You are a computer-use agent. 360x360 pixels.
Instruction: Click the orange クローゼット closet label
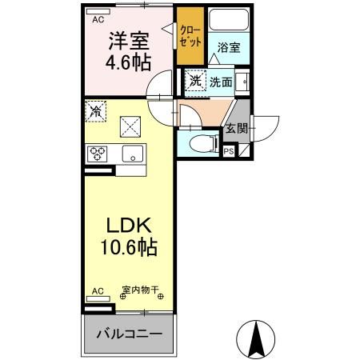(190, 35)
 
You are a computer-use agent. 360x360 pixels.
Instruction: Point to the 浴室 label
(229, 47)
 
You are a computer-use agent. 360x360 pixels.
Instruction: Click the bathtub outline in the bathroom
(230, 22)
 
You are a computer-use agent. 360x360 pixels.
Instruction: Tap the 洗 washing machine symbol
(195, 80)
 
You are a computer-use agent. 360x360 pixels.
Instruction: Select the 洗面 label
(222, 81)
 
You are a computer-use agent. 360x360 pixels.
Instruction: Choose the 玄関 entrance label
(236, 129)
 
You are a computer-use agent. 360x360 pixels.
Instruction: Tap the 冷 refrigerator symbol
(95, 112)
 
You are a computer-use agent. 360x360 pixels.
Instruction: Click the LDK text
(122, 226)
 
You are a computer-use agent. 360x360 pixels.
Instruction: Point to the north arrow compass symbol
(258, 340)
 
